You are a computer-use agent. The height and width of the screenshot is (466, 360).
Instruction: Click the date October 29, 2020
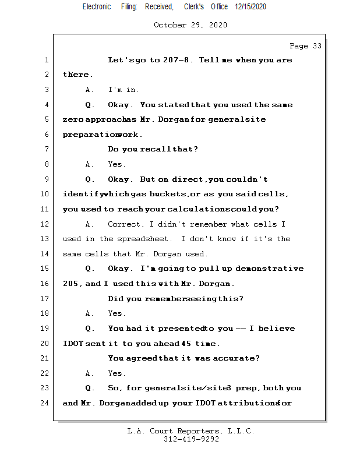(190, 25)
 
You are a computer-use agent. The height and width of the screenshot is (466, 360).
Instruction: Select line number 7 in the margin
(47, 150)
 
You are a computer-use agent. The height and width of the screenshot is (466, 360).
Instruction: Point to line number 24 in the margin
(45, 403)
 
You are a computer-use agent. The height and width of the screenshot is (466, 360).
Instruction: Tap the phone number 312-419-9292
(191, 440)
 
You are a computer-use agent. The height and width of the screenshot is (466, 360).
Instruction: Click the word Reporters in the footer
(199, 432)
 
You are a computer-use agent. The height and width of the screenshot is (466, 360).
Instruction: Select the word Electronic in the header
(97, 6)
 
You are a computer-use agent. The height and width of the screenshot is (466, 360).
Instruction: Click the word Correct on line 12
(124, 224)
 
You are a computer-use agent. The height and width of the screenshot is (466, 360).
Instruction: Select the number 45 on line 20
(186, 344)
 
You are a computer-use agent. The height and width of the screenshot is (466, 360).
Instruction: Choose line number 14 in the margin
(45, 254)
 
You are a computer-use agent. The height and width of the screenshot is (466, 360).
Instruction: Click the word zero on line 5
(73, 120)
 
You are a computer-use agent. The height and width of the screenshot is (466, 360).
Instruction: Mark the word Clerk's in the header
(194, 6)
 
